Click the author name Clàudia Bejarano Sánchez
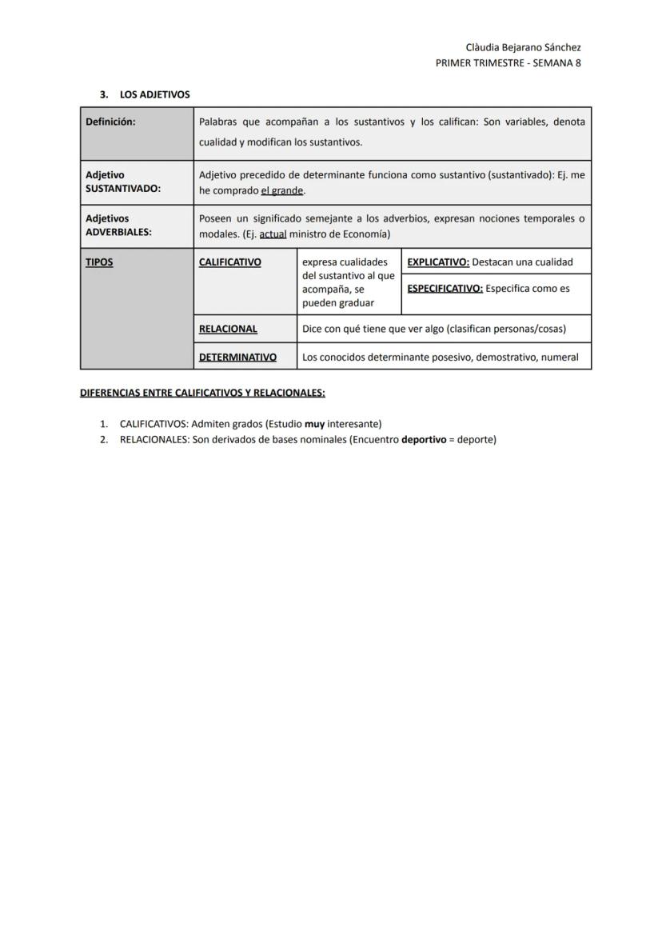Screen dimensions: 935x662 (x=523, y=48)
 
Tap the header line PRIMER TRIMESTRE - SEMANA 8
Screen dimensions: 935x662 (x=508, y=63)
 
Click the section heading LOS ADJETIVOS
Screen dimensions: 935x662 (x=154, y=94)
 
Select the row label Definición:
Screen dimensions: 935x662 (x=110, y=122)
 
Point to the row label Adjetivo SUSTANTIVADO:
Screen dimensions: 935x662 (x=122, y=182)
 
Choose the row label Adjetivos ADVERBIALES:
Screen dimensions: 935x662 (x=118, y=226)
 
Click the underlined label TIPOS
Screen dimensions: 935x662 (x=99, y=262)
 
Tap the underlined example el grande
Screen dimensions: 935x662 (x=283, y=191)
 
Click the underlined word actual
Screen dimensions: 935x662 (x=273, y=234)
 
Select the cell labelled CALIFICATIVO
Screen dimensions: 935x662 (x=229, y=262)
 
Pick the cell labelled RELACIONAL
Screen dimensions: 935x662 (x=228, y=329)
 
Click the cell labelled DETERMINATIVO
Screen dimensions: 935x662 (x=237, y=358)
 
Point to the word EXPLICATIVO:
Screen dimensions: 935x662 (x=437, y=262)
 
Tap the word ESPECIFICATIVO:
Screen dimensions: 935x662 (x=445, y=289)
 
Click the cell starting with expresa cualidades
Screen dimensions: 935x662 (x=348, y=282)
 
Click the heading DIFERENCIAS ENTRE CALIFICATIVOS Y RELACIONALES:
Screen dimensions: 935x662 (x=202, y=393)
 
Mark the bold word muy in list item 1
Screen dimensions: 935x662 (x=314, y=424)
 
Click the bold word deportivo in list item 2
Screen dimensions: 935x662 (x=423, y=439)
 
